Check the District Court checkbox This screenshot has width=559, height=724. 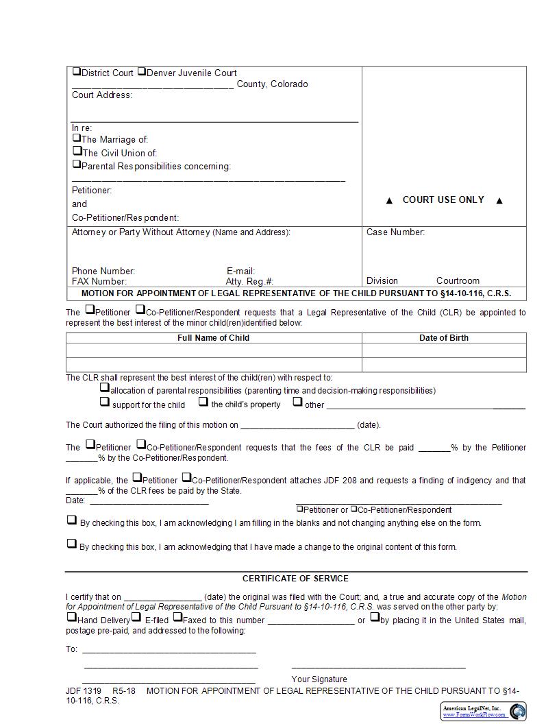(x=77, y=71)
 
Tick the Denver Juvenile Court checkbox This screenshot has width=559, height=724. (x=142, y=71)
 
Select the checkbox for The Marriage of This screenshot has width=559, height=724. (x=77, y=138)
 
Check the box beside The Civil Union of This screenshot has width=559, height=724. (x=77, y=151)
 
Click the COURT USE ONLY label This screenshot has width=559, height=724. (x=443, y=200)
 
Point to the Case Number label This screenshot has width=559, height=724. (x=395, y=232)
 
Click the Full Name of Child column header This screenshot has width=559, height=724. (x=213, y=338)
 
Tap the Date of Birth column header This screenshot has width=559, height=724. (x=444, y=338)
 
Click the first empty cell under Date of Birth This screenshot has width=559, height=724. (x=444, y=350)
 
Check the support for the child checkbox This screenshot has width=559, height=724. (x=105, y=402)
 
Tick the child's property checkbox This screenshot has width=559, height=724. (x=203, y=402)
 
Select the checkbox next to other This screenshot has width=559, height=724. (x=297, y=402)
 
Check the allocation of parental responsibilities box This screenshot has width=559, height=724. (x=105, y=388)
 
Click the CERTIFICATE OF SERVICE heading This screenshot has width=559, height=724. (x=295, y=578)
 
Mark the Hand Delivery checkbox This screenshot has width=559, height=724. (x=71, y=616)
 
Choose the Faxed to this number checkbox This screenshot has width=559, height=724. (x=177, y=616)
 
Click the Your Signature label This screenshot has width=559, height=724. (x=319, y=679)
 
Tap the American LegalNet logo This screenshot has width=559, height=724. (x=484, y=711)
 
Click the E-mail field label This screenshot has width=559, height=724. (x=240, y=271)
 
